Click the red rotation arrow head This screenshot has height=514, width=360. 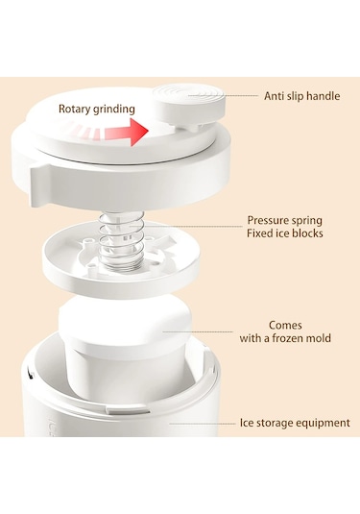[139, 132]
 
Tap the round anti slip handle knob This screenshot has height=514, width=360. [190, 105]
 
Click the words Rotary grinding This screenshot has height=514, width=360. [97, 110]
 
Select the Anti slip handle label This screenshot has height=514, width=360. [302, 96]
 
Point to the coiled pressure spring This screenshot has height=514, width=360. [115, 238]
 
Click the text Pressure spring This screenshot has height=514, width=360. [285, 220]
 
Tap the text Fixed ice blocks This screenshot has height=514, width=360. [285, 233]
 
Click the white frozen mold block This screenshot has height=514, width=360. [125, 344]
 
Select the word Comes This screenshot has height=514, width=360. [285, 325]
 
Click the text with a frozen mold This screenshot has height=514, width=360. [285, 338]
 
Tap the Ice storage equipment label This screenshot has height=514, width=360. [295, 423]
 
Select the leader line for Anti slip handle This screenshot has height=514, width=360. [224, 96]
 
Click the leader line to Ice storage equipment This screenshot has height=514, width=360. [203, 424]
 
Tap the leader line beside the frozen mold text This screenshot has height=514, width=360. [198, 331]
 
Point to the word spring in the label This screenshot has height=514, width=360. [307, 221]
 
